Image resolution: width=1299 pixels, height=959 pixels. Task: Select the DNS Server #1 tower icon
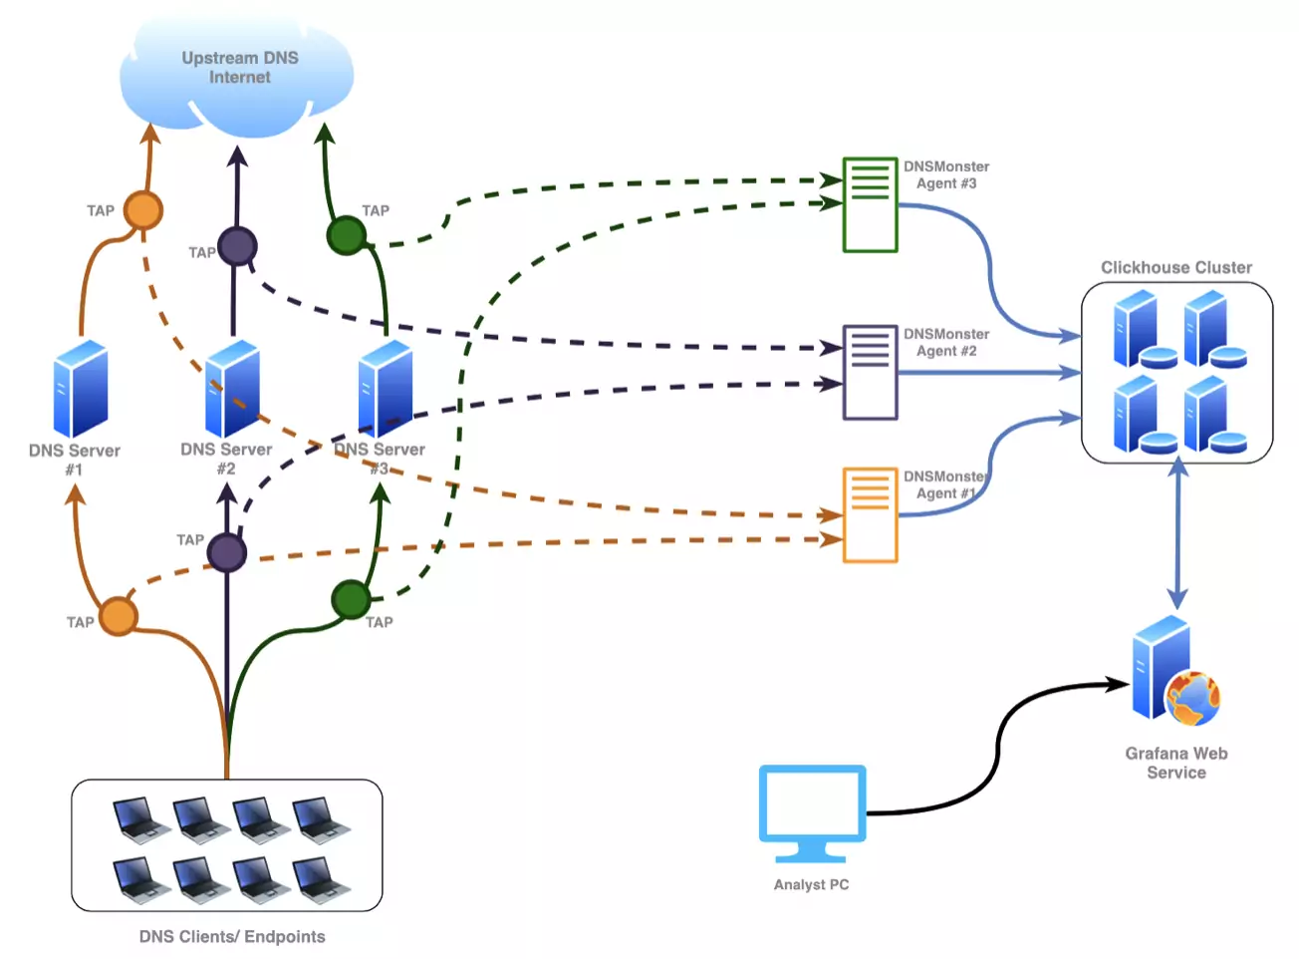click(x=81, y=389)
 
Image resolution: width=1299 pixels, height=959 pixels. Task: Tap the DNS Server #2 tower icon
click(x=232, y=389)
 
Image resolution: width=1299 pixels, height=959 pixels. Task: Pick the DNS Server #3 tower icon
click(x=385, y=389)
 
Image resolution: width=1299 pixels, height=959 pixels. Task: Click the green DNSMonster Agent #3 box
click(x=871, y=204)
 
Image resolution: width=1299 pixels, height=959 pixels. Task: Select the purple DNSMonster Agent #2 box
click(x=871, y=372)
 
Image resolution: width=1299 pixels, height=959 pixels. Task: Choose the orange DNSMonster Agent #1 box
click(x=871, y=514)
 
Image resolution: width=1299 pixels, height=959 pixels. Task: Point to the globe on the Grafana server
click(x=1193, y=698)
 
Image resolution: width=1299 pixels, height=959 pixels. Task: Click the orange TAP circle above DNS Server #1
click(x=143, y=210)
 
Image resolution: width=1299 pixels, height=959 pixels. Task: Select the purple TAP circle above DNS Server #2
click(x=237, y=246)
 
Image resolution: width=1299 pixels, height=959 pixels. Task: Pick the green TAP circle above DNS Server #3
click(x=346, y=235)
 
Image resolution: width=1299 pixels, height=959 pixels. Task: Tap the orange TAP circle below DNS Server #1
click(x=119, y=616)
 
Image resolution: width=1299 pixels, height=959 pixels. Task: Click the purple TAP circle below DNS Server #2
click(x=227, y=552)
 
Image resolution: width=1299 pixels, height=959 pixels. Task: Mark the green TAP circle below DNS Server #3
click(x=351, y=600)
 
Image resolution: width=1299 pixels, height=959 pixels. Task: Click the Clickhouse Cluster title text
click(x=1176, y=267)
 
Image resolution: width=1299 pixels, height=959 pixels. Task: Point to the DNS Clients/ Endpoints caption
click(x=232, y=936)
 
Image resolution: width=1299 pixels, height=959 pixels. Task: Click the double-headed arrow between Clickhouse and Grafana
click(x=1177, y=533)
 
